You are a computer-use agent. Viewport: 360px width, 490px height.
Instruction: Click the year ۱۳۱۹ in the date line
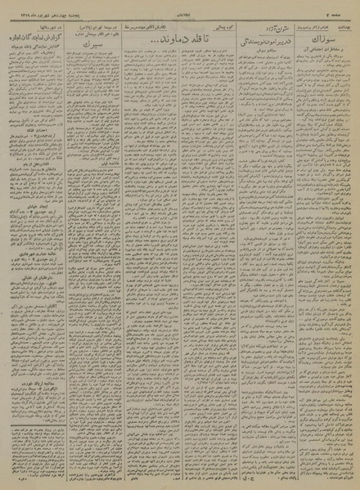(15, 7)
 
